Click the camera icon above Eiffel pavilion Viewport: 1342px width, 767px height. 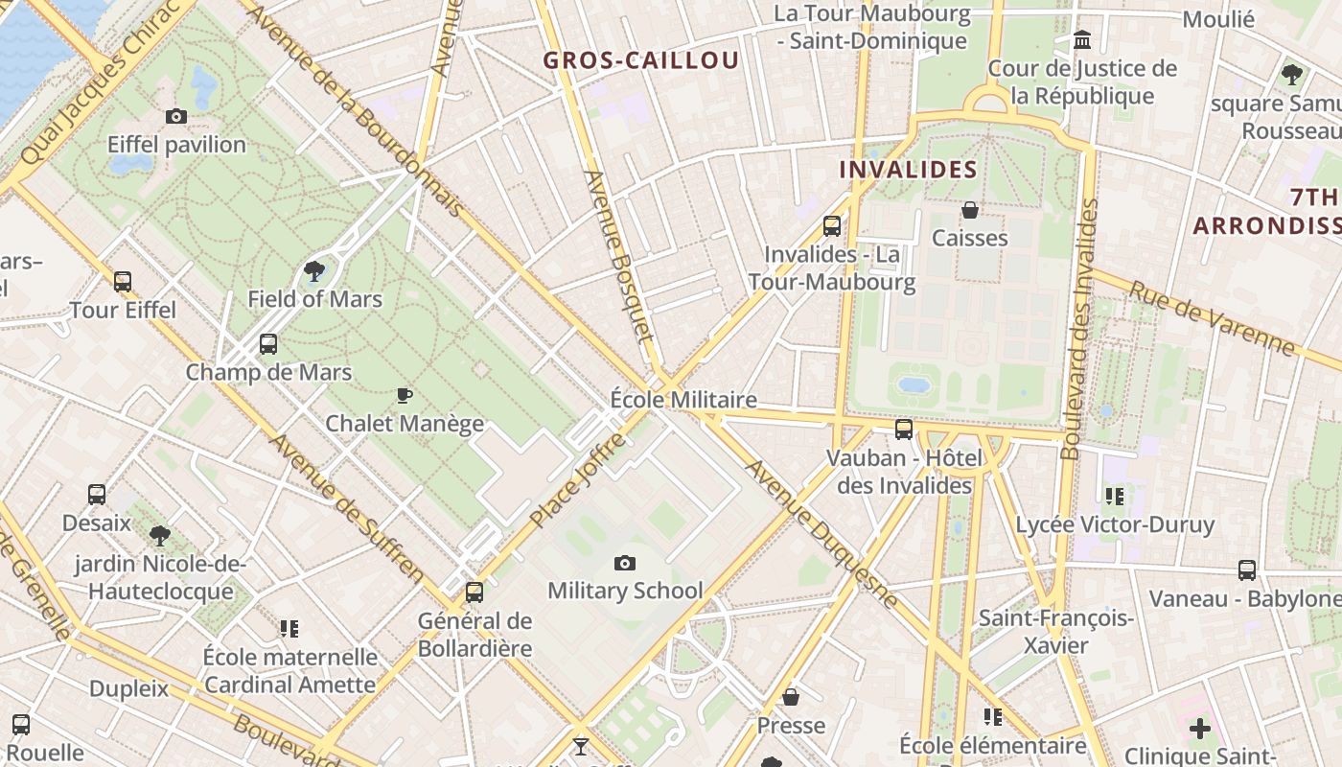click(x=176, y=116)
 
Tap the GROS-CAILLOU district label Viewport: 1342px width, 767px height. click(x=641, y=60)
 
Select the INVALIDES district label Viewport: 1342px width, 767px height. click(x=908, y=170)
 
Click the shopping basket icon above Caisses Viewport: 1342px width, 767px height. click(x=970, y=210)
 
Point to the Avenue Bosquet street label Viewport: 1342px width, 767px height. click(x=619, y=257)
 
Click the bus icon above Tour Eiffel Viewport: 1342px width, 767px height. click(x=123, y=282)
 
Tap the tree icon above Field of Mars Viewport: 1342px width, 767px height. click(x=313, y=271)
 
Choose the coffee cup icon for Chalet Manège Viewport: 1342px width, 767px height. click(x=405, y=395)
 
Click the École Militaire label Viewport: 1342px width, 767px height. click(x=683, y=400)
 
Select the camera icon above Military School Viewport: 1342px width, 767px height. click(x=625, y=563)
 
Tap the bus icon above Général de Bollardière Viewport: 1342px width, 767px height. click(x=474, y=593)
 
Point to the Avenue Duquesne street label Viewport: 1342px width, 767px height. click(x=821, y=533)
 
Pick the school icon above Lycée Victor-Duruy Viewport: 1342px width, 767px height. click(x=1114, y=496)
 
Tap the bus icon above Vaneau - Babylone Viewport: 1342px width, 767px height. click(x=1247, y=570)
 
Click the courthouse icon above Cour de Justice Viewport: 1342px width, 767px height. click(x=1083, y=40)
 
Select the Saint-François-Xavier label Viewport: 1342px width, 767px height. click(x=1055, y=631)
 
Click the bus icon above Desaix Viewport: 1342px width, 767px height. click(x=97, y=495)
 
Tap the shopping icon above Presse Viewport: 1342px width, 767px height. click(x=791, y=697)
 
